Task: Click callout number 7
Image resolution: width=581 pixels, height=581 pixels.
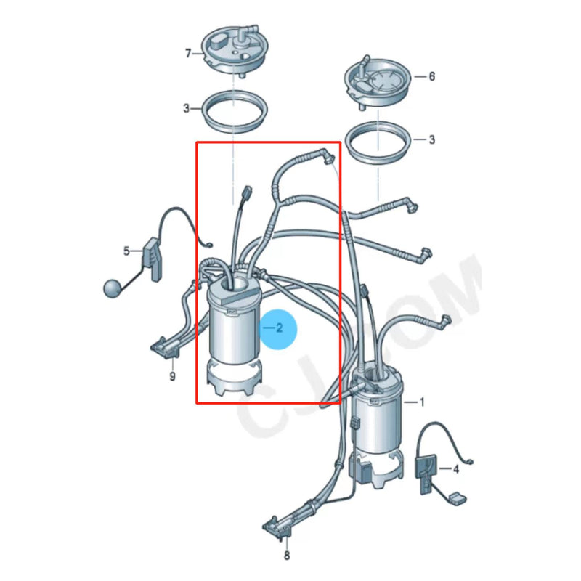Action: point(188,54)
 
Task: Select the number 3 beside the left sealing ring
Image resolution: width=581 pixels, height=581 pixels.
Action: point(187,108)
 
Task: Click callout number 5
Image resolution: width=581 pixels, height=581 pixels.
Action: point(126,251)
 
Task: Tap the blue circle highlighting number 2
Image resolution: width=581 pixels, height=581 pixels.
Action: point(278,328)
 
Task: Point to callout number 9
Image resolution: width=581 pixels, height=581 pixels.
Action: point(172,376)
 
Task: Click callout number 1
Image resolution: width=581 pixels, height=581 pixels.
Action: point(422,402)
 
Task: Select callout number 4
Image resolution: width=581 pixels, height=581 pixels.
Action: point(456,470)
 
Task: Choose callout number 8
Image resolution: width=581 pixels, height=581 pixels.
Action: point(286,556)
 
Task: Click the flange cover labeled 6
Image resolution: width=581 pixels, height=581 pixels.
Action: point(378,79)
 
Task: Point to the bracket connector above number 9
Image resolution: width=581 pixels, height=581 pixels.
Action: point(165,347)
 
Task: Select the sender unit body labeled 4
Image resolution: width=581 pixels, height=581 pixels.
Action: point(426,465)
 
